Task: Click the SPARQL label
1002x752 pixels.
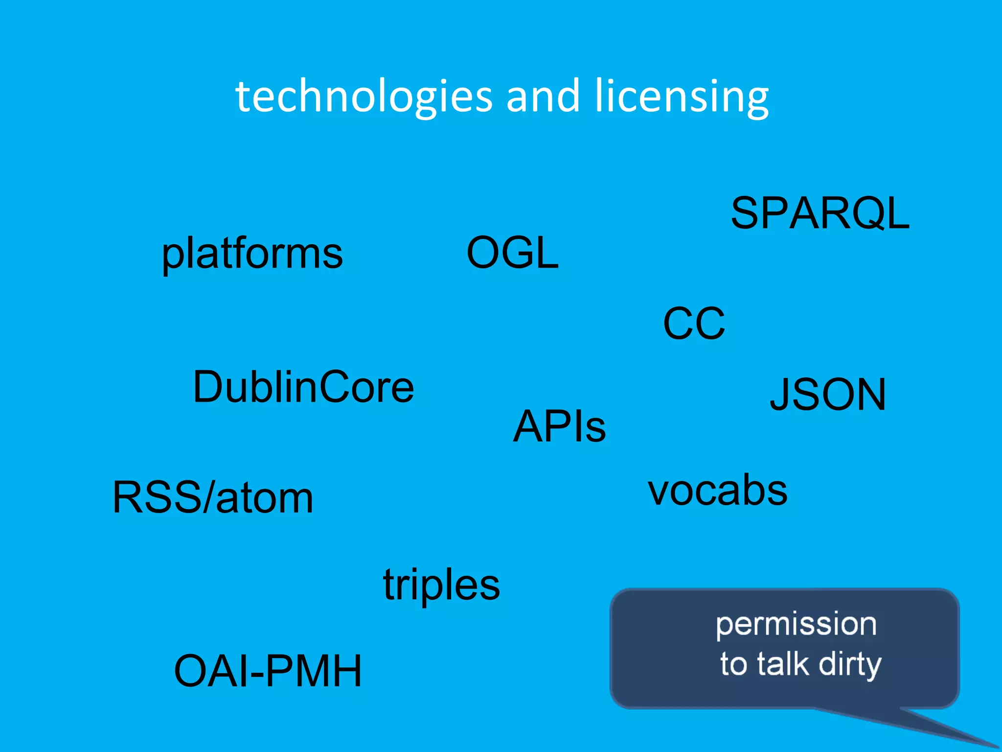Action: coord(820,213)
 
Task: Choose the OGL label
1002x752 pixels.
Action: coord(512,253)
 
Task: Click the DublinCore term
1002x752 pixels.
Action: coord(303,387)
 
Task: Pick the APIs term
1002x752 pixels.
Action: coord(559,426)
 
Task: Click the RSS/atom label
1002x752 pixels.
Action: coord(213,497)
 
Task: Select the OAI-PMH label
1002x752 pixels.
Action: coord(268,671)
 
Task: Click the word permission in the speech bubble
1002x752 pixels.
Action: coord(796,625)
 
